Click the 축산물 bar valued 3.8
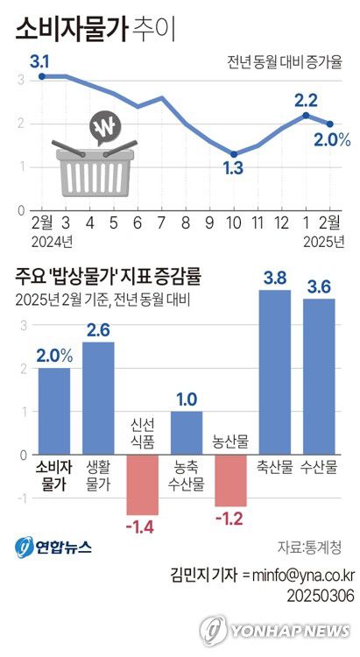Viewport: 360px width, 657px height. point(275,371)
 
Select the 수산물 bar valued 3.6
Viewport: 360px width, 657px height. point(319,376)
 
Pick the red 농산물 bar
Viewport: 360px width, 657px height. point(230,480)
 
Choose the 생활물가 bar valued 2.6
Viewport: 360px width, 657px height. point(98,398)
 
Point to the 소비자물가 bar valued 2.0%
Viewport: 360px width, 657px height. point(54,411)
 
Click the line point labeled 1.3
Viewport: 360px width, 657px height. point(234,154)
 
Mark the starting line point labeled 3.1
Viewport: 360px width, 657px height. point(42,77)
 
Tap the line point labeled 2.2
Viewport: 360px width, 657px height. point(307,115)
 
